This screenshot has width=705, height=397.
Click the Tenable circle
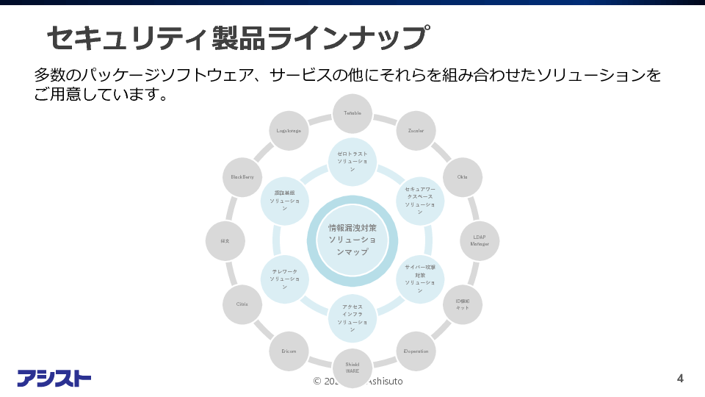coord(352,114)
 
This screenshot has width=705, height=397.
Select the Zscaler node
coord(416,131)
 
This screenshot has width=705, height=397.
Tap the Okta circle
coord(463,177)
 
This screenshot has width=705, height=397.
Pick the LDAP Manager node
coord(480,240)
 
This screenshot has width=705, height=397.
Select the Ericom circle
coord(289,351)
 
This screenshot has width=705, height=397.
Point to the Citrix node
coord(242,304)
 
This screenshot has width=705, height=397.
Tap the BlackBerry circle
coord(242,177)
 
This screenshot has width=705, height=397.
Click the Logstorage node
coord(289,131)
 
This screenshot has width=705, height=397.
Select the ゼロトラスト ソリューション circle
coord(352,162)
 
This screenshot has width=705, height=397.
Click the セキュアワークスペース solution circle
coord(420,201)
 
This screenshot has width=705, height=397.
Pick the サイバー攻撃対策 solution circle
coord(420,279)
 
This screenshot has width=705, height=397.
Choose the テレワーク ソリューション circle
coord(284,279)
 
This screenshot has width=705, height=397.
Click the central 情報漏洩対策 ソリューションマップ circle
coord(352,240)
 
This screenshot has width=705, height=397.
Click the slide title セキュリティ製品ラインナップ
coord(237,37)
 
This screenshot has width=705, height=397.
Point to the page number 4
coord(680,379)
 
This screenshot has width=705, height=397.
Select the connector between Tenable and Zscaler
coord(386,118)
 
